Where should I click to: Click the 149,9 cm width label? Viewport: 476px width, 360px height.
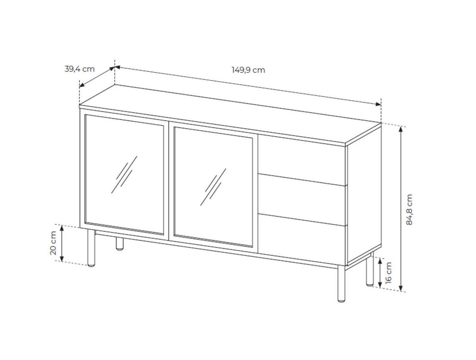248,70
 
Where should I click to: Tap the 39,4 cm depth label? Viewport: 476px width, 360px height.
79,69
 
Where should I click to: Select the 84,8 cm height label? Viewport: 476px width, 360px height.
409,210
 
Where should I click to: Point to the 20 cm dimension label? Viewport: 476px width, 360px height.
53,243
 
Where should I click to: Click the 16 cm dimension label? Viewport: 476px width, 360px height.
388,273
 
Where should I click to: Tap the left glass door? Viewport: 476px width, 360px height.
125,175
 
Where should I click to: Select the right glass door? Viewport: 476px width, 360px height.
213,187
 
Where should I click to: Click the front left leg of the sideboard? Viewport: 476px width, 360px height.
91,248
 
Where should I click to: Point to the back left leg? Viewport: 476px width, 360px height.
119,244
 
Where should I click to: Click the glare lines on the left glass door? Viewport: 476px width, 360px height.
124,175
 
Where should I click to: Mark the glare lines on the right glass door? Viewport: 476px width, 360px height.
213,187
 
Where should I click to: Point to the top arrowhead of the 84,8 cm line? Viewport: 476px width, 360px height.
401,129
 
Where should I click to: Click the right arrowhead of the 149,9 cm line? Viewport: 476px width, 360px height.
378,104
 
